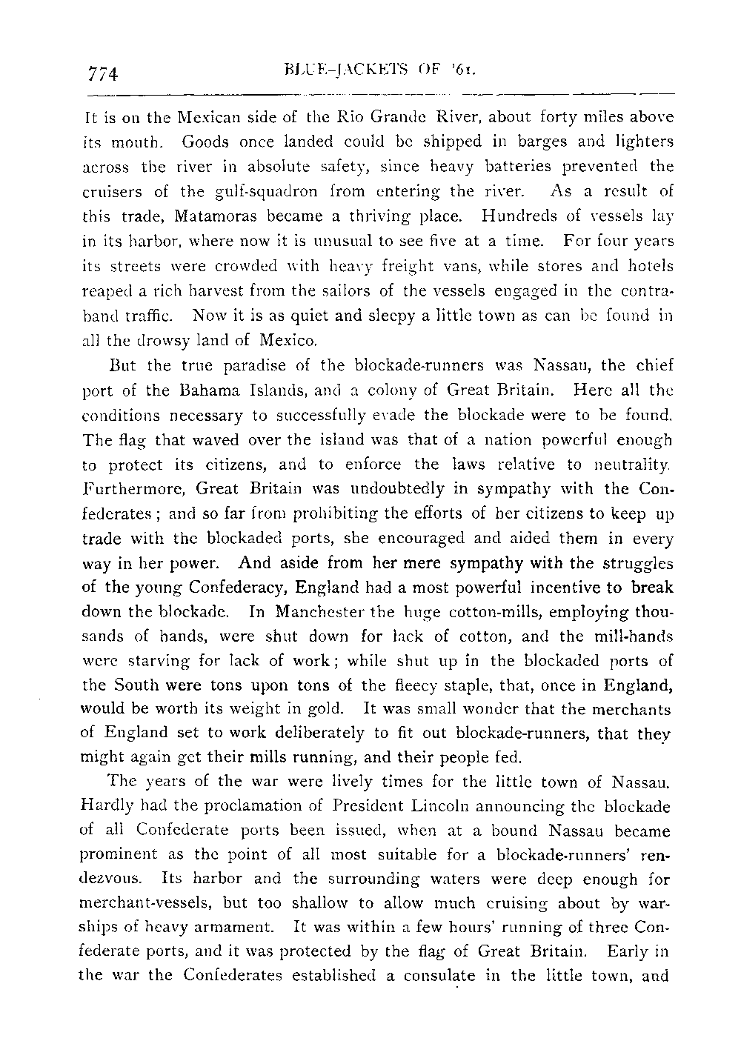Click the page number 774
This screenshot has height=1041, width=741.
(x=104, y=73)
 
